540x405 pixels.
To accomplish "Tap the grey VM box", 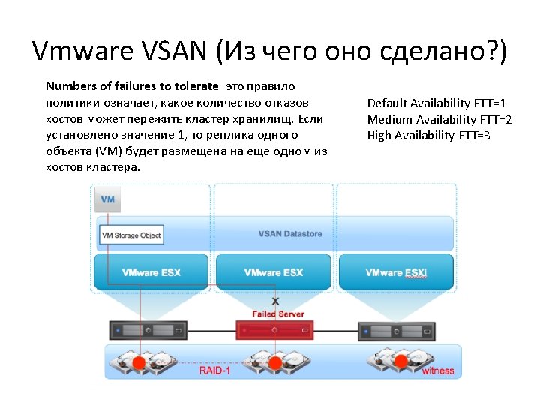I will [107, 200].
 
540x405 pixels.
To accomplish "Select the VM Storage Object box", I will [131, 235].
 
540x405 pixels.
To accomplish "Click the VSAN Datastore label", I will [290, 234].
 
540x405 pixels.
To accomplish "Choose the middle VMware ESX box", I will [274, 272].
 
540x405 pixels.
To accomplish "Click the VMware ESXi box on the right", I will [397, 272].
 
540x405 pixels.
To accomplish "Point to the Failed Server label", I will [278, 313].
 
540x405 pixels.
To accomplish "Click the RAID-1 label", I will [215, 370].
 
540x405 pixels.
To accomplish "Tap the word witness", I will [438, 370].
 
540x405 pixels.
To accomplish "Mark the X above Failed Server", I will [275, 301].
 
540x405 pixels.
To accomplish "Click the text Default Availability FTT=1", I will [436, 103].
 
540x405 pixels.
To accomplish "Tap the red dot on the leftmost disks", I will [138, 363].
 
